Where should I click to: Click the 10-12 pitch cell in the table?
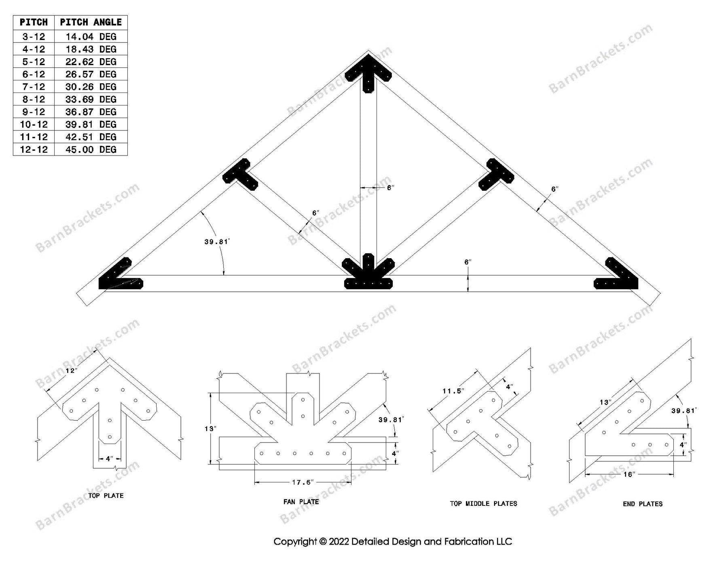click(34, 124)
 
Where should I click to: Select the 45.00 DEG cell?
click(91, 149)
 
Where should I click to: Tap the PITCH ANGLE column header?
click(91, 22)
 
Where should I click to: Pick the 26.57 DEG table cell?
click(91, 74)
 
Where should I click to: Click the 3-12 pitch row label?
click(34, 37)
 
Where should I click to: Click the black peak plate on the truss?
click(368, 73)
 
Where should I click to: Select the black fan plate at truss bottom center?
click(368, 275)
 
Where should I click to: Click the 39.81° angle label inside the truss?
click(217, 242)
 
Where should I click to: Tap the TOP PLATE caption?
click(106, 496)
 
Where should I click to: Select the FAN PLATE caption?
click(301, 502)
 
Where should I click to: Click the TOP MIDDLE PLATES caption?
click(483, 503)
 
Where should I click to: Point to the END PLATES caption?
click(643, 504)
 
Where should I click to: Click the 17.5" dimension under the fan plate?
click(303, 482)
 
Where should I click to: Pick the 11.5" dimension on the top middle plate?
click(453, 391)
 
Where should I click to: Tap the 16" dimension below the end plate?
click(628, 474)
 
